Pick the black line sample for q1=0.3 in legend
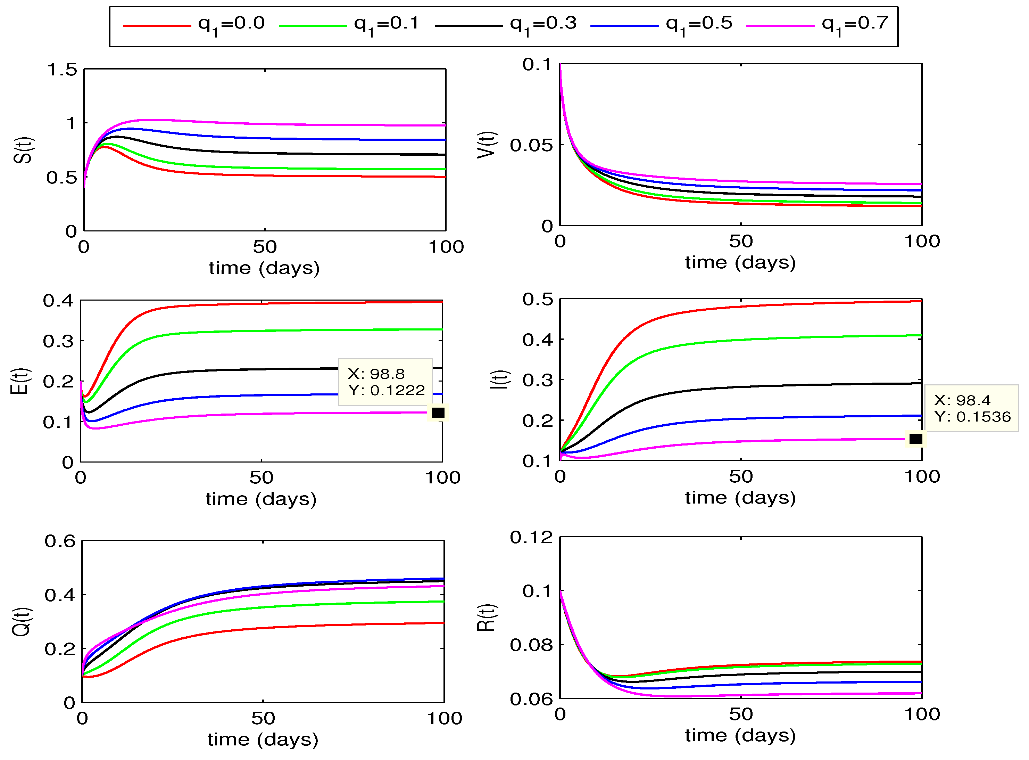pos(468,26)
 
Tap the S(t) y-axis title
pos(23,150)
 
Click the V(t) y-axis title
pos(487,145)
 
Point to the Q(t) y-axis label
pos(22,622)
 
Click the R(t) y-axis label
pos(487,618)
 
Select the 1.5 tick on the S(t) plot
pos(62,70)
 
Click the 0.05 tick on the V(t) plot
pos(531,145)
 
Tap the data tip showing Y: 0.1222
pos(385,382)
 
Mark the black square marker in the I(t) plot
pos(916,439)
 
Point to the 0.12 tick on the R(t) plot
pos(531,537)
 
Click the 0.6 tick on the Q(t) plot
pos(60,541)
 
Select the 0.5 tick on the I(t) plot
pos(538,300)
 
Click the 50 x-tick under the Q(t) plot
pos(263,719)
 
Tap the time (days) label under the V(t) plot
pos(740,263)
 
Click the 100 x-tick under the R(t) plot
pos(922,714)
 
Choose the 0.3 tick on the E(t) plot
pos(58,341)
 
